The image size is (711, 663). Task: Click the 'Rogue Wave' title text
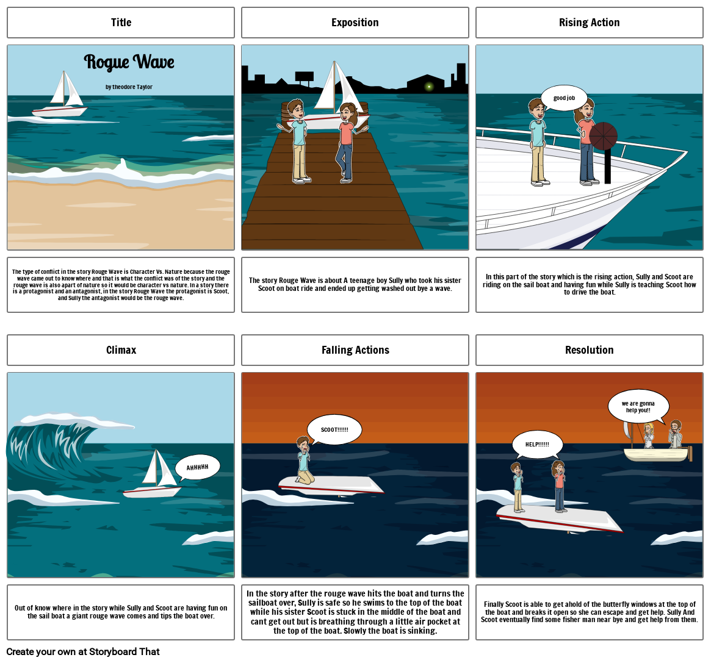129,62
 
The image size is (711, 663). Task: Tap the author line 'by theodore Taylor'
129,87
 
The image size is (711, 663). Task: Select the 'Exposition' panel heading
355,23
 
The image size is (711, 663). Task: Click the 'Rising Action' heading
589,23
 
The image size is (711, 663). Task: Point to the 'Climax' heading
121,350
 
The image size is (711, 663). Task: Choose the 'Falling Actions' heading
355,350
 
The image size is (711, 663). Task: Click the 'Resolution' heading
589,350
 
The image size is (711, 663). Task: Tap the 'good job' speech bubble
564,98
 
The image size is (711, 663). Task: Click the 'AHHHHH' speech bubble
197,467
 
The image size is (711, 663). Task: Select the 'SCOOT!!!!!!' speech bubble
334,429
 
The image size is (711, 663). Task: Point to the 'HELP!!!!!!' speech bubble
537,444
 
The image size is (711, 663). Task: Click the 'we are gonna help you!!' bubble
638,406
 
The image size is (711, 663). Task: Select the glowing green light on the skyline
429,87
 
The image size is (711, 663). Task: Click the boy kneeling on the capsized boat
304,461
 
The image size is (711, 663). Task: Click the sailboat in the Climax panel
156,476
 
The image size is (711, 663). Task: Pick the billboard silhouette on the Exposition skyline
305,76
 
